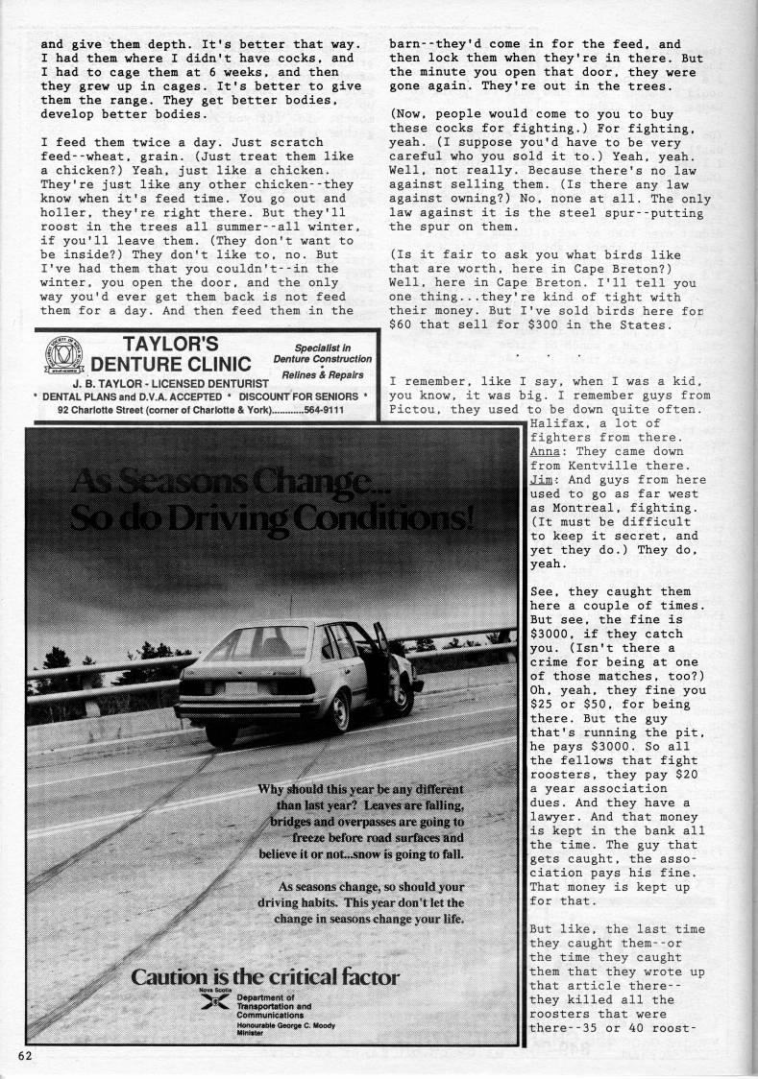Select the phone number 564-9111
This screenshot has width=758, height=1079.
coord(323,410)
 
